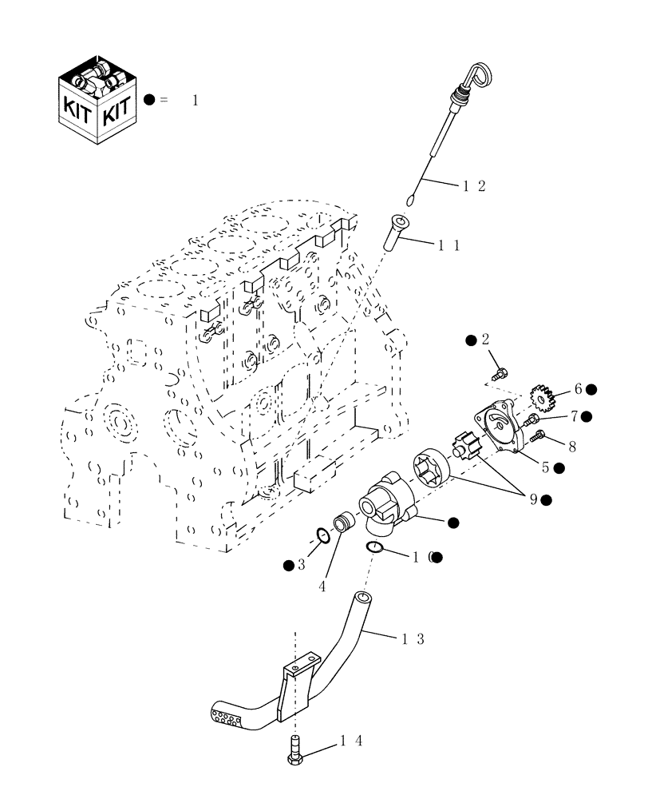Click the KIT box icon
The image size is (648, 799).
tap(97, 100)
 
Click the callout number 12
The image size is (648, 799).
tap(474, 185)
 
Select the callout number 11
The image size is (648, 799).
tap(448, 245)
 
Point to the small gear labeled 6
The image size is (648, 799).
tap(542, 396)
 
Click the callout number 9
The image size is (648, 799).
tap(531, 499)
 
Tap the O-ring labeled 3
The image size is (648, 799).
tap(321, 535)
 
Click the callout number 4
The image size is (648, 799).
tap(322, 586)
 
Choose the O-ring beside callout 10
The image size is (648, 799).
tap(376, 547)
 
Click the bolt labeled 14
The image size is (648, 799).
tap(296, 753)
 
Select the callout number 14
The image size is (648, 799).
tap(351, 741)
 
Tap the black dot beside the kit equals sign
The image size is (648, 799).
tap(149, 100)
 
